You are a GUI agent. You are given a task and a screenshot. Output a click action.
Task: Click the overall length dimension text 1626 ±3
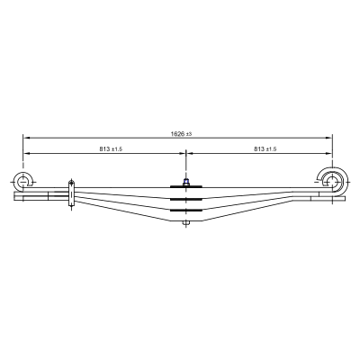tap(181, 134)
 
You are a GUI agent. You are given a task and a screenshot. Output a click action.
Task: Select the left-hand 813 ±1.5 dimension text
tap(111, 148)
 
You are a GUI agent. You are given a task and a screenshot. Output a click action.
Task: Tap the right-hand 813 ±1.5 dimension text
tap(265, 148)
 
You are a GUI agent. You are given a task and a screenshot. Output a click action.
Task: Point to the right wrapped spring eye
tap(334, 182)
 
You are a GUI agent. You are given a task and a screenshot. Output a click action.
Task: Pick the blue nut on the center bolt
tap(186, 181)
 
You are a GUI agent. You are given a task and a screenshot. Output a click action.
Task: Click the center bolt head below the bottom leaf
tap(186, 223)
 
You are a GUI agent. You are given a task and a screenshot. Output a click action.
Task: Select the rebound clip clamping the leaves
tap(71, 193)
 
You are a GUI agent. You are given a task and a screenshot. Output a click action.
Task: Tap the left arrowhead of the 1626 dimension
tap(26, 138)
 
